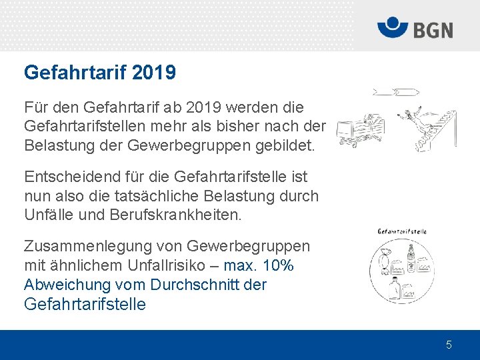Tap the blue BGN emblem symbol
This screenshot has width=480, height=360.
[393, 29]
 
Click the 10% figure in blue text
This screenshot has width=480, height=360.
[278, 265]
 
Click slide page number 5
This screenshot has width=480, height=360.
[449, 345]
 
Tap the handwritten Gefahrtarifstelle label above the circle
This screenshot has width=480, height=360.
[402, 231]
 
